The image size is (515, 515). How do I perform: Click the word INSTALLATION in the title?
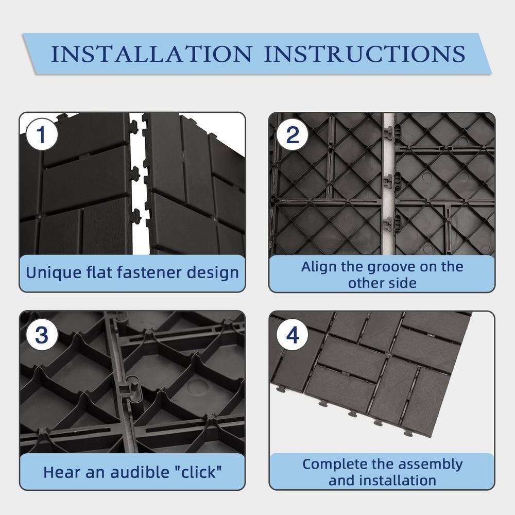152,54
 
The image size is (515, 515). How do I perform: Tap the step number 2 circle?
292,135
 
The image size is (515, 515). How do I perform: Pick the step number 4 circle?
292,335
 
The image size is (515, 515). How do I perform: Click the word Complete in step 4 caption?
334,464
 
